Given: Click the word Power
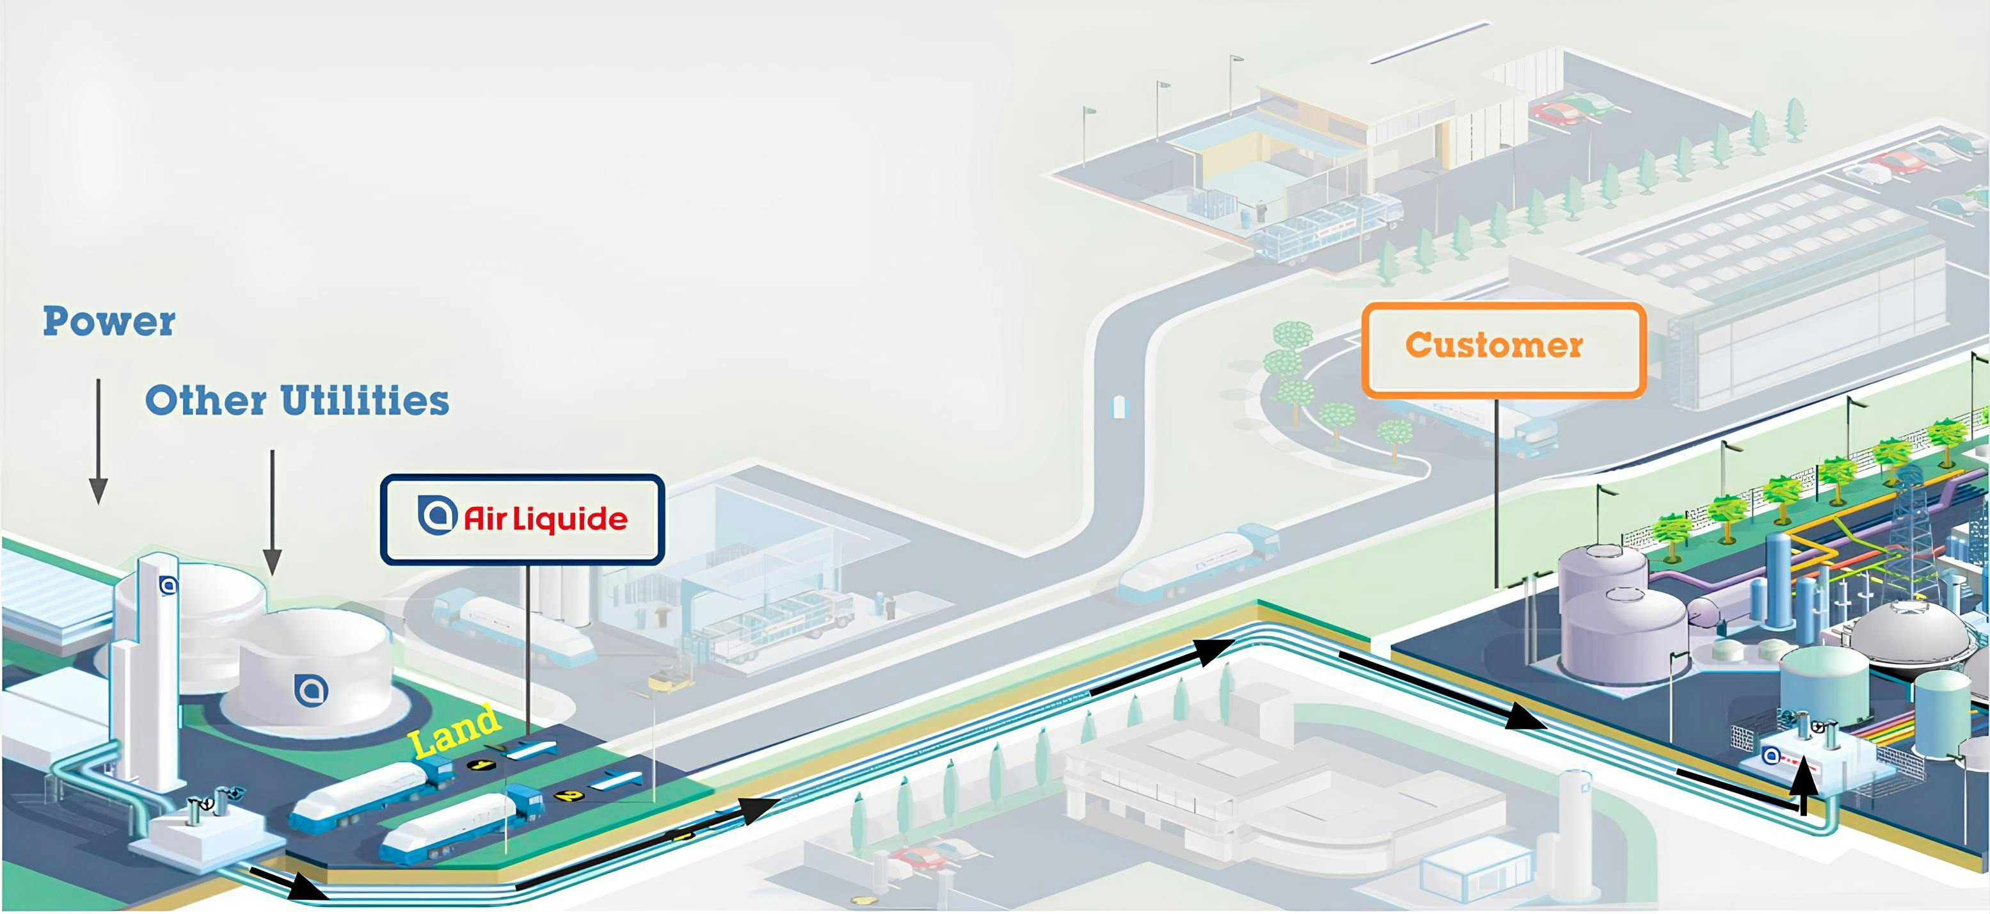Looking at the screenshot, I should coord(109,321).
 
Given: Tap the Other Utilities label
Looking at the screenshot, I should coord(298,400).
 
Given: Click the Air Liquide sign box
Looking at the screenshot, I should coord(522,518).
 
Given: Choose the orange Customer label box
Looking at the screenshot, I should coord(1503,349).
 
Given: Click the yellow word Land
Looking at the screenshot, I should coord(454,730).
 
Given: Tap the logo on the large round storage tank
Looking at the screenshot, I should coord(312,689).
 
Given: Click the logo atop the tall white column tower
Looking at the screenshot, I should coord(168,585).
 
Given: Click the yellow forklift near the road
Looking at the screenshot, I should coord(670,680).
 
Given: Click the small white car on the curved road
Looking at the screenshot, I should coord(1118,406).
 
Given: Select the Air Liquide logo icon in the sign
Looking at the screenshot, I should coord(437,515).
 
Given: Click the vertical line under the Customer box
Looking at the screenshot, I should coord(1497,495).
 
